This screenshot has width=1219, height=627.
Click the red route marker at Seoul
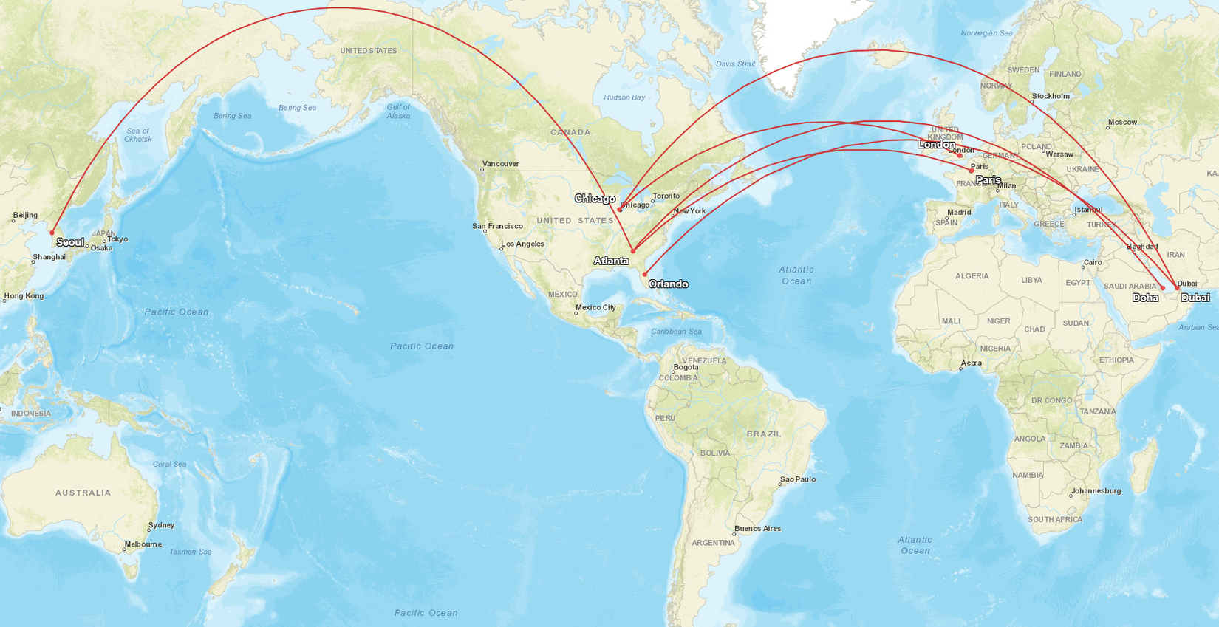(52, 233)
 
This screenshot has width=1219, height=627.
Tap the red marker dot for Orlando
(645, 275)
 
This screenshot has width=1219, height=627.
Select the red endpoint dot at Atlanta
(633, 251)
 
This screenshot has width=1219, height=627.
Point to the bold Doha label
(1145, 298)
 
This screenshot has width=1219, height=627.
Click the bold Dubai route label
(1195, 298)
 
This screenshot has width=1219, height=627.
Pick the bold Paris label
(988, 180)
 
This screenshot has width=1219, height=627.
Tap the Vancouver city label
(500, 164)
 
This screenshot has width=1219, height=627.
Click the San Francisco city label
(497, 226)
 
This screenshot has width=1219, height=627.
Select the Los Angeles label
(522, 244)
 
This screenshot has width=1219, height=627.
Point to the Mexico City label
(595, 307)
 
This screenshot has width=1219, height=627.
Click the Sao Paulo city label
(797, 479)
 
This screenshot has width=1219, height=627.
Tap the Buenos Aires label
(757, 528)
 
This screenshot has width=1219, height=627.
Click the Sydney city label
(161, 525)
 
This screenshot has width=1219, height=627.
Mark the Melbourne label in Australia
(143, 544)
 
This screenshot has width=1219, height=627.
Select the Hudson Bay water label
(624, 97)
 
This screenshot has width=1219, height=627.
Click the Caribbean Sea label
(676, 332)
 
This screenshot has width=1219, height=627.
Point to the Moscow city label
(1122, 122)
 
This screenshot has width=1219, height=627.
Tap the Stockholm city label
(1051, 96)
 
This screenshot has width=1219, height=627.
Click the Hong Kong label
(24, 296)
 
